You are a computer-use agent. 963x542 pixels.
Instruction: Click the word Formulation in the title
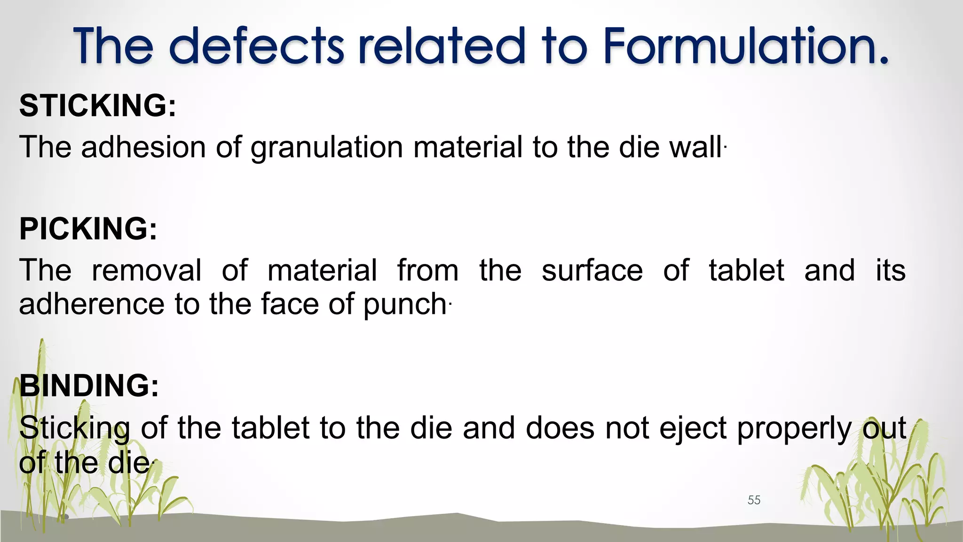745,46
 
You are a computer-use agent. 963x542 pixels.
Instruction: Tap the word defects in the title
256,46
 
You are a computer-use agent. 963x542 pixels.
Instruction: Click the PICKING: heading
88,229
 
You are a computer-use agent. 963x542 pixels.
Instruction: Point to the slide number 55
754,500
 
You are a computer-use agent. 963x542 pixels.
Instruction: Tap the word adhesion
143,147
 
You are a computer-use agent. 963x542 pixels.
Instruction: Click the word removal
147,271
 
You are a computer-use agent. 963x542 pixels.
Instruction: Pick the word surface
592,271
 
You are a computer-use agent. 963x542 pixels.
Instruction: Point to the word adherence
92,304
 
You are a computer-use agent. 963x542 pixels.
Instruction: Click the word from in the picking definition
428,271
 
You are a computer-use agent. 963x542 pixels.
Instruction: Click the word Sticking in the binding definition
75,429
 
